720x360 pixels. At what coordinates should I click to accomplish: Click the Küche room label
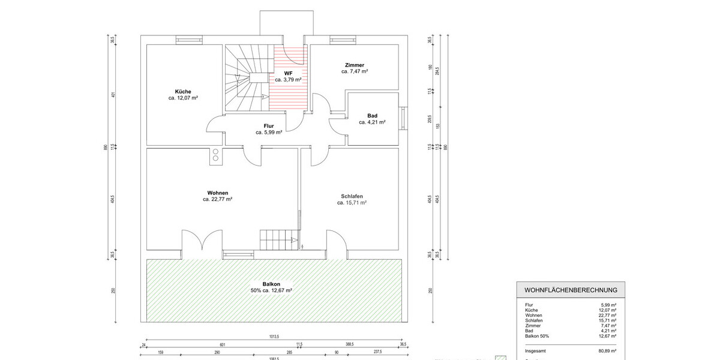(184, 92)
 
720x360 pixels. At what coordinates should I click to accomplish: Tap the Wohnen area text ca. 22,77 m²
(217, 199)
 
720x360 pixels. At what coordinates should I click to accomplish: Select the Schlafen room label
(352, 196)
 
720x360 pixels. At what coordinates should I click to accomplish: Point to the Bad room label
(372, 115)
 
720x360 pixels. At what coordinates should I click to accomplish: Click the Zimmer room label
(355, 65)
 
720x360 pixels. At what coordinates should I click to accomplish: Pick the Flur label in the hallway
(269, 125)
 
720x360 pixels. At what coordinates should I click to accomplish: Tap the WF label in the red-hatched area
(288, 73)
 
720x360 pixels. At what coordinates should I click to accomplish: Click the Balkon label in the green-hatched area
(271, 283)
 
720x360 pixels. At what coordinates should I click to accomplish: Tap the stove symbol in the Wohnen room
(215, 155)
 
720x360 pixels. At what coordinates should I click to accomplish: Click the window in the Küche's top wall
(188, 40)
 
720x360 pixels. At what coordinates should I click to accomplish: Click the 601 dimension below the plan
(222, 344)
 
